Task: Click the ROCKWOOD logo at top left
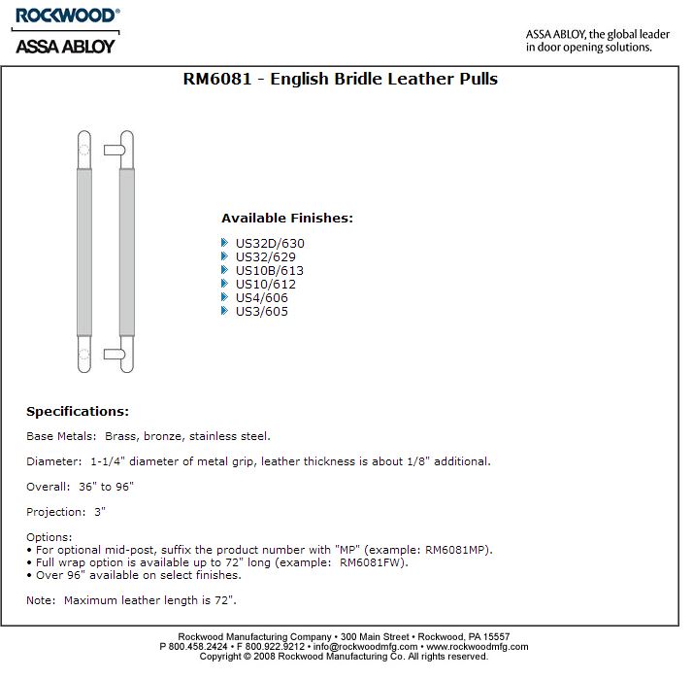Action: pos(66,16)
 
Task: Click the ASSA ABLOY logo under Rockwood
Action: pos(65,45)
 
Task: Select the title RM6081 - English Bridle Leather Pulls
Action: pos(340,79)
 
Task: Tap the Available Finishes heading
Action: pos(286,219)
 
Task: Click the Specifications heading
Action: pos(78,412)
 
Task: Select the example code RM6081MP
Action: pos(458,550)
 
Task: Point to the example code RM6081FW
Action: pos(373,562)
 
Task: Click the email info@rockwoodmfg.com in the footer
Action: pos(366,646)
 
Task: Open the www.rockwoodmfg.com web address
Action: pos(478,646)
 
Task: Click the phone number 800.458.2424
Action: pos(199,646)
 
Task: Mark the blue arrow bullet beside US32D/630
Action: pos(225,243)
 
